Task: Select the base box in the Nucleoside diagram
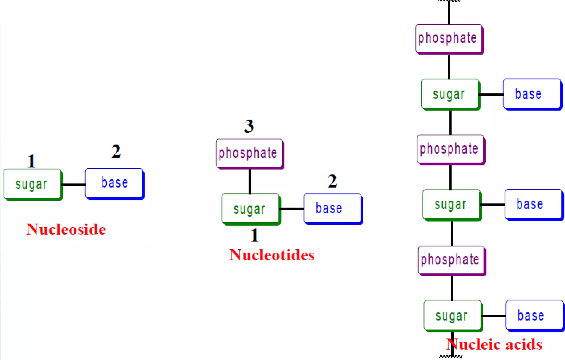pos(114,183)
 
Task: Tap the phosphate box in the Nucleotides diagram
pos(249,153)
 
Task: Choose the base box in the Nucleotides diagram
pos(332,208)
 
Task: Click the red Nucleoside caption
pos(66,229)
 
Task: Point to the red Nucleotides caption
pos(272,255)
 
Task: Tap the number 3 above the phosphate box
pos(249,126)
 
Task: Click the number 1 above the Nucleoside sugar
pos(31,161)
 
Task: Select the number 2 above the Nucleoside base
pos(116,151)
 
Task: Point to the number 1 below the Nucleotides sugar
pos(254,235)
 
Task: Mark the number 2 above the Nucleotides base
pos(332,181)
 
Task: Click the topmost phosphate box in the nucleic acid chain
pos(449,39)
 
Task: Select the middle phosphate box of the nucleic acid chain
pos(451,149)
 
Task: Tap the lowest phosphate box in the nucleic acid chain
pos(451,260)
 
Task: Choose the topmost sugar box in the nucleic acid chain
pos(450,94)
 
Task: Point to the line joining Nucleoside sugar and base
pos(73,185)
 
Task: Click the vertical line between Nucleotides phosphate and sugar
pos(250,181)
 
